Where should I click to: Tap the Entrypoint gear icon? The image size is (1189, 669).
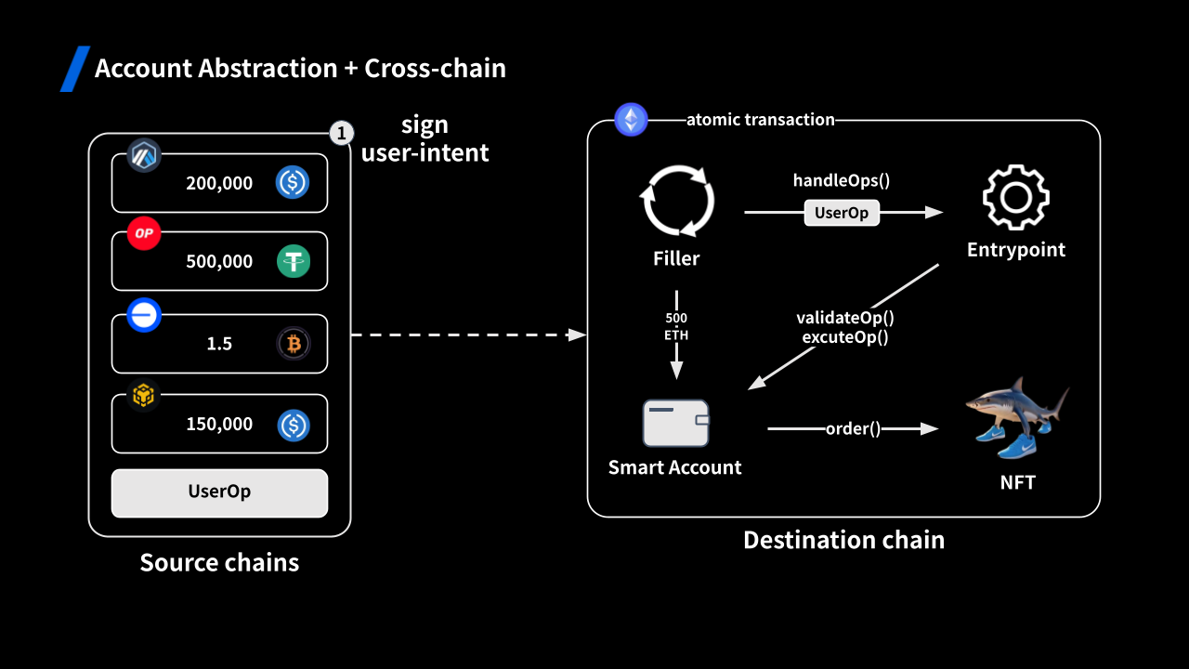[x=1015, y=197]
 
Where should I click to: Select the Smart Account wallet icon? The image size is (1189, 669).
[x=675, y=423]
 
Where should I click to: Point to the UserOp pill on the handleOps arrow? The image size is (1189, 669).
[x=841, y=213]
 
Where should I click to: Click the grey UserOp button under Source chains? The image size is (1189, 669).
[x=219, y=492]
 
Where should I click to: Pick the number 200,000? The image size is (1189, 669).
[x=219, y=183]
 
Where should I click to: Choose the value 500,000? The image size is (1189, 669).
[x=219, y=261]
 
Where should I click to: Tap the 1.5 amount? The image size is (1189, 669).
[x=219, y=344]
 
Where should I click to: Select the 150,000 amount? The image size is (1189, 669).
[x=219, y=424]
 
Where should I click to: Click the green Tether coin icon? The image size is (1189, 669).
[x=294, y=261]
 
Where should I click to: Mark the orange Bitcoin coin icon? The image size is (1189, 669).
[x=294, y=344]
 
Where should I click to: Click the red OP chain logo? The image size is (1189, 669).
[x=144, y=233]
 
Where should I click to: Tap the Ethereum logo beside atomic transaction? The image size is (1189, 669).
[x=632, y=120]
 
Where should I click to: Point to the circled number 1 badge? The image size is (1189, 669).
[x=341, y=134]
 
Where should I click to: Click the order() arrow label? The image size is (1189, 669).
[x=853, y=428]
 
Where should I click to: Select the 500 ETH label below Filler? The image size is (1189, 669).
[x=676, y=327]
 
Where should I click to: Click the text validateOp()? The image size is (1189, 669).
[x=845, y=318]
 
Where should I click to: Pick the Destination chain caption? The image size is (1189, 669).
[x=843, y=540]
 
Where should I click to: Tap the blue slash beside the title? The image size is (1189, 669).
[x=75, y=69]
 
